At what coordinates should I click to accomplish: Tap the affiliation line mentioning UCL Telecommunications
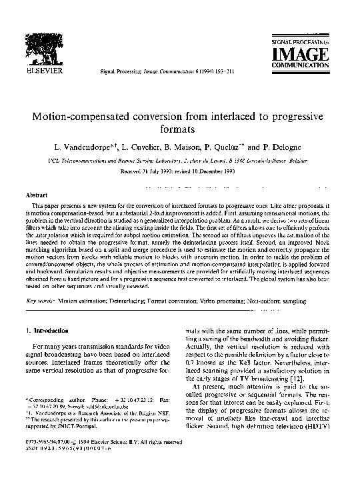click(180, 160)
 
